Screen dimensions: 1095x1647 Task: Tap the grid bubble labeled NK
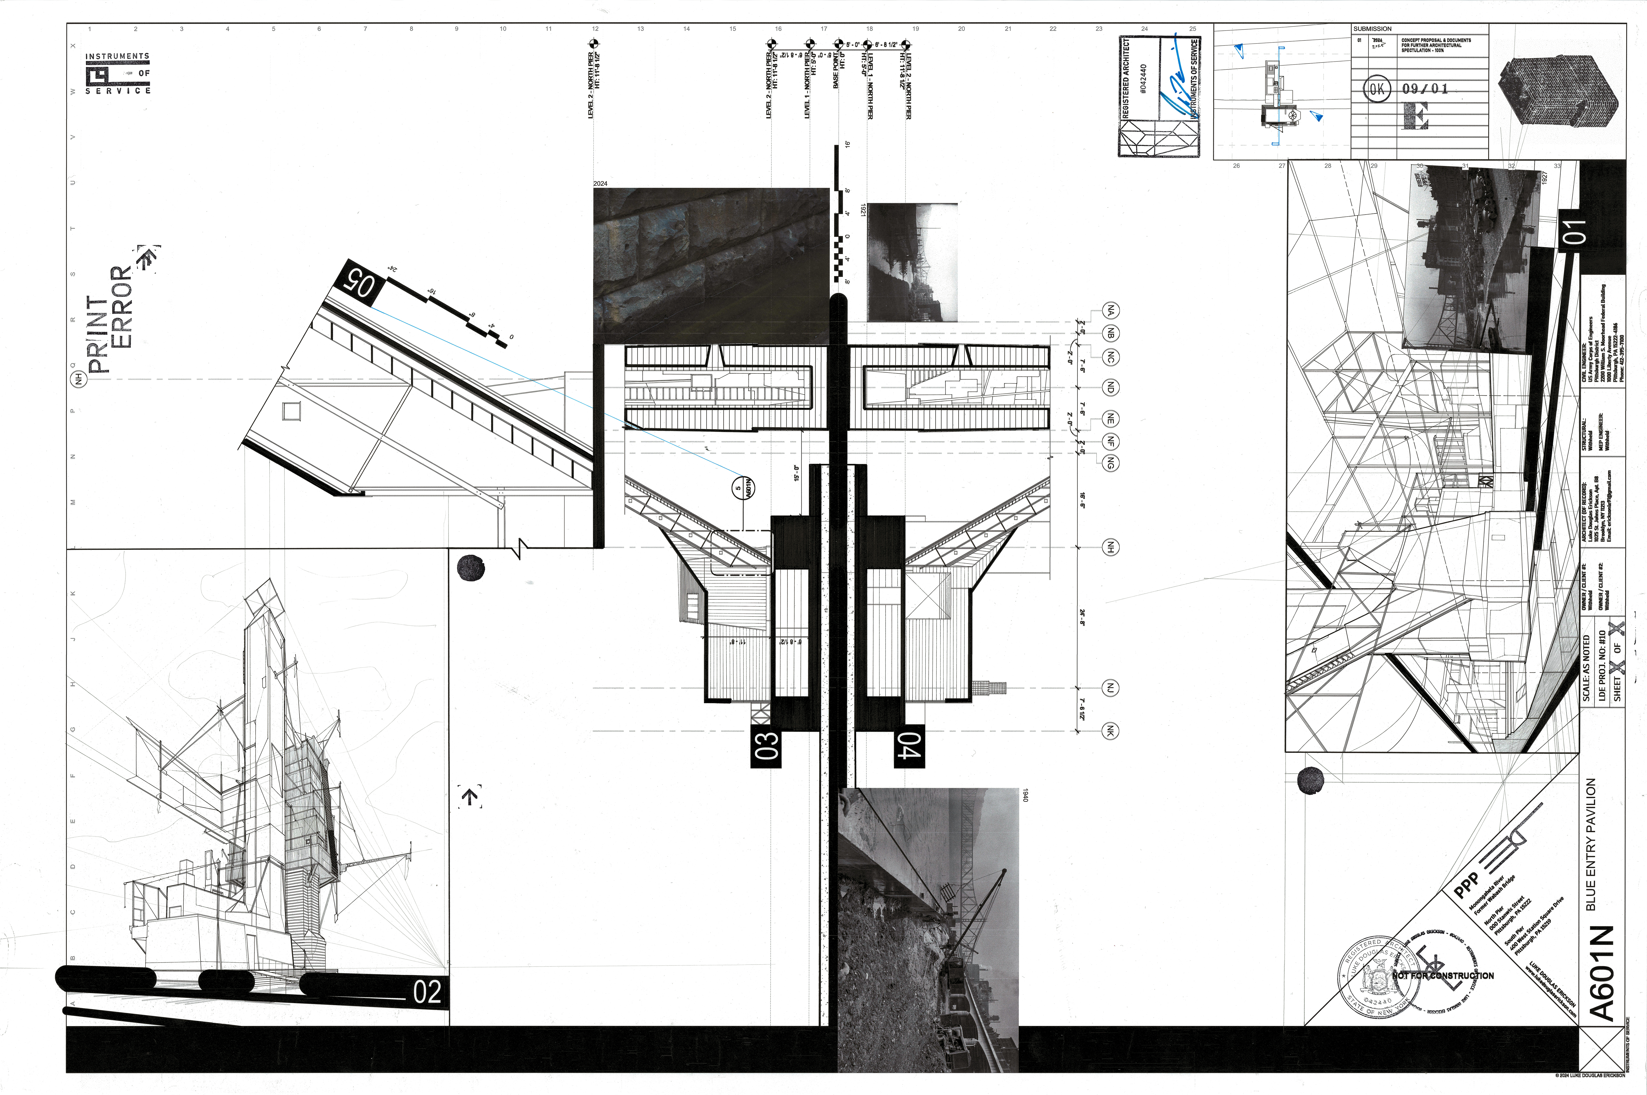tap(1110, 731)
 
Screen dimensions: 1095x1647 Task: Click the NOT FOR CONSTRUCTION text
tap(1443, 976)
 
